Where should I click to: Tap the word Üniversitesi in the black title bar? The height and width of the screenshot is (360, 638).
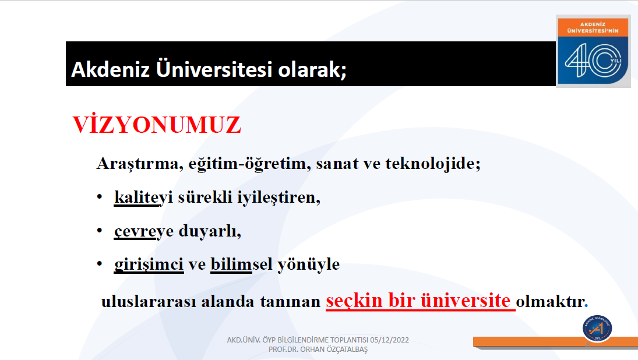point(214,68)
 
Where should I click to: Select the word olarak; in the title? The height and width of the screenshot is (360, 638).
point(312,69)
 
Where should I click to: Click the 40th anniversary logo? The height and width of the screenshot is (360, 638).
point(593,51)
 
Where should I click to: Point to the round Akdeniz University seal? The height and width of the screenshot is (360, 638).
point(597,329)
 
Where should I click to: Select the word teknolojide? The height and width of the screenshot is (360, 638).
point(433,164)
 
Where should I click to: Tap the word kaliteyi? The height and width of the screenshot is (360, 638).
point(144,197)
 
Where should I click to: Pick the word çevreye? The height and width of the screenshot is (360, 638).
point(144,231)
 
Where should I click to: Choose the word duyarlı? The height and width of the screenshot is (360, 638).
point(210,231)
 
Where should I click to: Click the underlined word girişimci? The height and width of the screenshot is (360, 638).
point(149,265)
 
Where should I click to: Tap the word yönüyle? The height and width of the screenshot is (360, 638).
point(308,265)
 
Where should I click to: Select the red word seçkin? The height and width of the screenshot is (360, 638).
point(354,301)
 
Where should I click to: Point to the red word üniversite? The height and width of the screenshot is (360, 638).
point(465,300)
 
